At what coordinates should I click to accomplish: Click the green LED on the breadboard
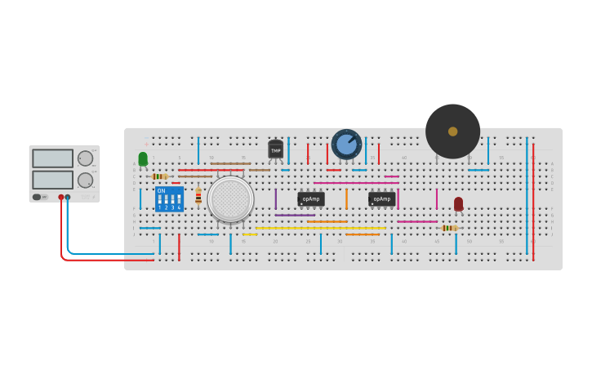coord(143,158)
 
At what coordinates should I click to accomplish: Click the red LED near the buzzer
coord(458,203)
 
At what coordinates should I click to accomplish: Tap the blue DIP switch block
coord(169,199)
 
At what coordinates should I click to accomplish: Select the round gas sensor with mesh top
coord(230,198)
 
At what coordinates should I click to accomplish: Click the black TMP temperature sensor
coord(275,150)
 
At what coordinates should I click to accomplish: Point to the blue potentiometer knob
coord(346,145)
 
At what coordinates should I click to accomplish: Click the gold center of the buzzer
coord(452,132)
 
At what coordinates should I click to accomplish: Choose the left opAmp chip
coord(310,198)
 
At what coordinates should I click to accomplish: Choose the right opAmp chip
coord(381,198)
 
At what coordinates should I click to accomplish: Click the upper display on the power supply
coord(52,158)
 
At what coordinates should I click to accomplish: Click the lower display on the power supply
coord(52,179)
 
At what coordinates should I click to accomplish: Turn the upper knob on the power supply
coord(85,158)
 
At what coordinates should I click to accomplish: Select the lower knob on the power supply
coord(85,180)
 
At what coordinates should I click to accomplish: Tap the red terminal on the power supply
coord(60,197)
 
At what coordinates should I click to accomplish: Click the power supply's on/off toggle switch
coord(38,197)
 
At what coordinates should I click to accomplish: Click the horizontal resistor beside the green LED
coord(160,176)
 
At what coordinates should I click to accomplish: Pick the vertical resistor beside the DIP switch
coord(198,195)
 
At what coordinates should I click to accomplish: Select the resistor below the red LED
coord(447,228)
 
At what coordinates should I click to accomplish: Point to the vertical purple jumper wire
coord(275,199)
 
